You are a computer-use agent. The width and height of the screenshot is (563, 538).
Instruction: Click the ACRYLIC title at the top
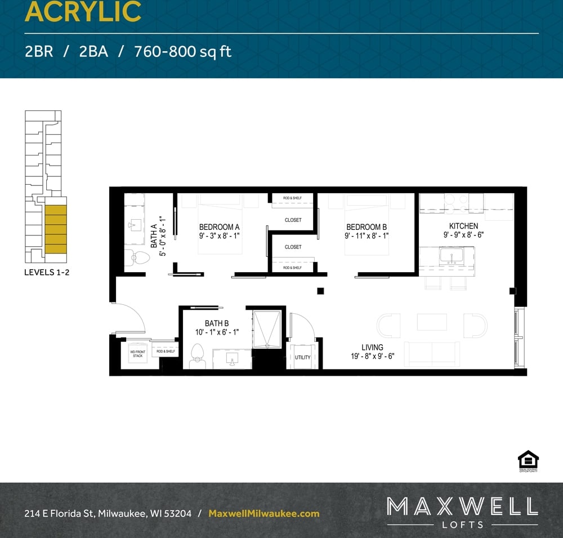click(x=83, y=12)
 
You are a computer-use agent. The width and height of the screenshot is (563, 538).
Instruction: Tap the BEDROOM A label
click(x=220, y=227)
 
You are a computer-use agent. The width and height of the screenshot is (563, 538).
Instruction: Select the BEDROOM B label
click(x=367, y=227)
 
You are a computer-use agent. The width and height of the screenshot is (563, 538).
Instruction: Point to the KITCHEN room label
click(x=463, y=226)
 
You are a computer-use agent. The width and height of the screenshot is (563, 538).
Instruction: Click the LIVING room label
click(x=372, y=348)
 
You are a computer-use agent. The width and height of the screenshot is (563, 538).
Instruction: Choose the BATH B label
click(x=217, y=323)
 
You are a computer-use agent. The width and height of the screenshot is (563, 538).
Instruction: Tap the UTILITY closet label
click(x=302, y=357)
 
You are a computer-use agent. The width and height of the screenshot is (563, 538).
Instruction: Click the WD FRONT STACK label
click(x=138, y=354)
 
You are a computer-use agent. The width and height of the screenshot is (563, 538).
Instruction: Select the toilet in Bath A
click(x=137, y=258)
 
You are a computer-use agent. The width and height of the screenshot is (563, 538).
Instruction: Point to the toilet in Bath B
click(x=197, y=355)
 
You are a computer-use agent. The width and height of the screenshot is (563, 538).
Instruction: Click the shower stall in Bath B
click(x=265, y=327)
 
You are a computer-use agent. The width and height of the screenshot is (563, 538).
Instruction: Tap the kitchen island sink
click(x=452, y=256)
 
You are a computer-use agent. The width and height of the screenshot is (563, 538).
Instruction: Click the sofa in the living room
click(x=432, y=354)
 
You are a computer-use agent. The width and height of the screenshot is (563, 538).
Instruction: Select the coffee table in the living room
click(x=432, y=322)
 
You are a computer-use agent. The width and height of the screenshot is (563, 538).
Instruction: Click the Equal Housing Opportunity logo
click(x=528, y=460)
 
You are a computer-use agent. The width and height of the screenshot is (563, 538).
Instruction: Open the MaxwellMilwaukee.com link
click(x=264, y=513)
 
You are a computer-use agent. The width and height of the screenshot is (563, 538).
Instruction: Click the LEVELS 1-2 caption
click(x=47, y=272)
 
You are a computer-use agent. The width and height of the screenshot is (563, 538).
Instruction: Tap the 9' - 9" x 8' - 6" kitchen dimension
click(x=463, y=235)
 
